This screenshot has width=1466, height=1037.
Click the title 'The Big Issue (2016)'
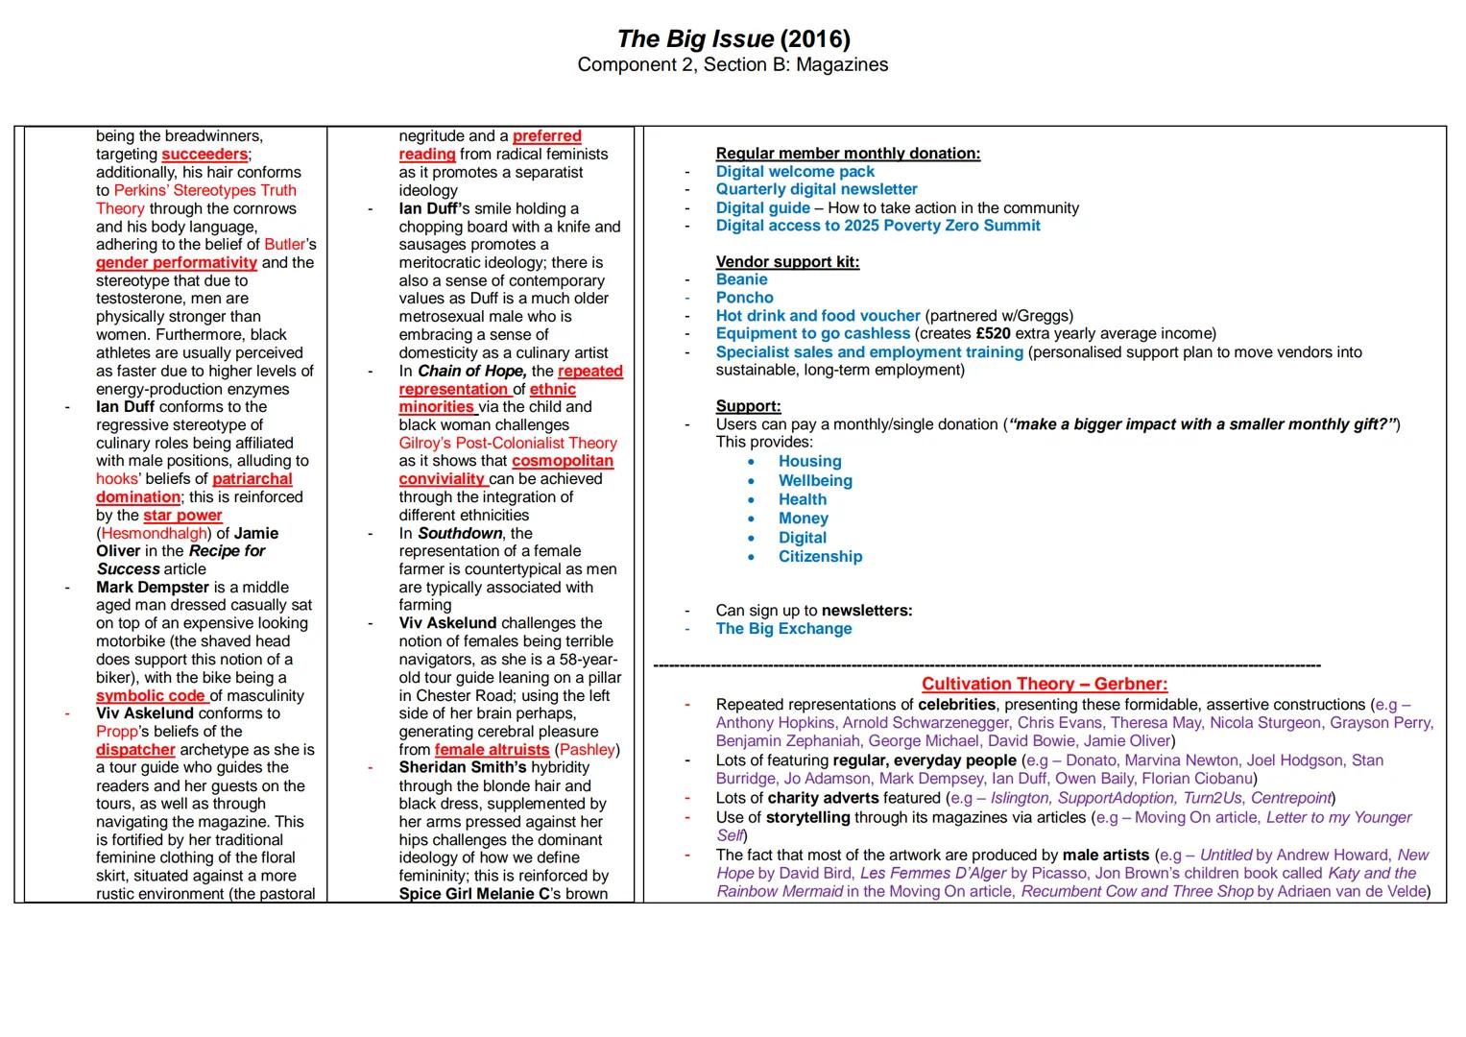(733, 38)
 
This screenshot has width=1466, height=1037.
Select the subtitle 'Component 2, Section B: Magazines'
(733, 64)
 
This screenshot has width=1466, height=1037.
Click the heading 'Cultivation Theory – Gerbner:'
(1045, 684)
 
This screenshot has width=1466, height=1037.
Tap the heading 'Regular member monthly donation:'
(848, 154)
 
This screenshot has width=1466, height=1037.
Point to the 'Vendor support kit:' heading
(787, 262)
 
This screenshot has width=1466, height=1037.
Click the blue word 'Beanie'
(741, 279)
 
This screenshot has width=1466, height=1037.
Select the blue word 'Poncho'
(744, 298)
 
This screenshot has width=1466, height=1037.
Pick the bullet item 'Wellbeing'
(815, 480)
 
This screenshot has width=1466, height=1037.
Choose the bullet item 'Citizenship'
(820, 557)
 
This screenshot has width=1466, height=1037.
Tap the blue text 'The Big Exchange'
(783, 629)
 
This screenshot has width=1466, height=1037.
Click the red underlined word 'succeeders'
(204, 155)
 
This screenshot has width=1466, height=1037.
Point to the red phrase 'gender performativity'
(177, 262)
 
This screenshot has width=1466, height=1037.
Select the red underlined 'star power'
(182, 516)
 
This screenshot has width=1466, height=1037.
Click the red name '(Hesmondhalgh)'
(153, 534)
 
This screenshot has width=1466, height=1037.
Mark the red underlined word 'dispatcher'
(135, 750)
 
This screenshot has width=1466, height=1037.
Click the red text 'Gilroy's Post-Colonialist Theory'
(508, 444)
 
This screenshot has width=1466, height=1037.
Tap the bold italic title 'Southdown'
(460, 534)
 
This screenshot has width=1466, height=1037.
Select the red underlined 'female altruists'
(492, 750)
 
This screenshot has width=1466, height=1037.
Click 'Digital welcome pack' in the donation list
(795, 172)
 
